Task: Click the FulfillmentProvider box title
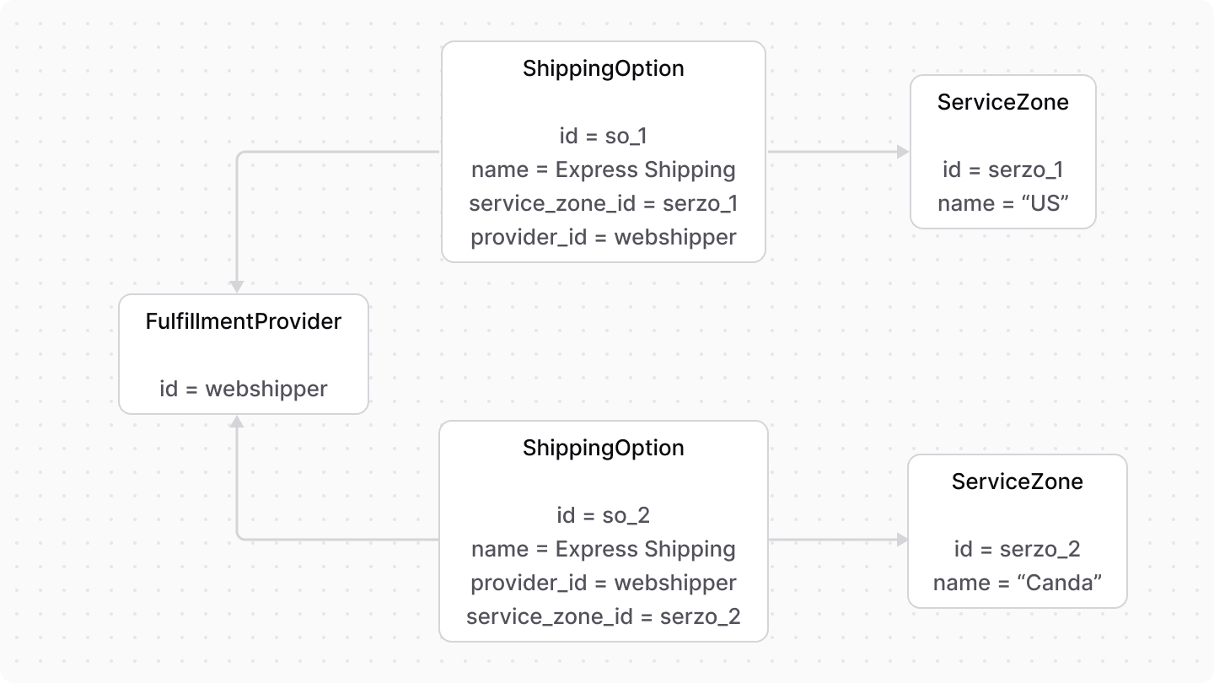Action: click(244, 321)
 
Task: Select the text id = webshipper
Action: click(244, 389)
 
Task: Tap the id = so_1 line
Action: click(603, 136)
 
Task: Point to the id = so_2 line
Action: click(603, 515)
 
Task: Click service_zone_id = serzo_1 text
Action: click(603, 203)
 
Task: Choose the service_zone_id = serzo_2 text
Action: click(603, 616)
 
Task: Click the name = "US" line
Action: click(1002, 203)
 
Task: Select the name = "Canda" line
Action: click(1018, 583)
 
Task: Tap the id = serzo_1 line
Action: click(1002, 169)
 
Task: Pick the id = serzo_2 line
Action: click(1018, 549)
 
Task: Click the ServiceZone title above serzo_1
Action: click(1002, 102)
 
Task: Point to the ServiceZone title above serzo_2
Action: click(1018, 481)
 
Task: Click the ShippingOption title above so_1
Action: click(603, 68)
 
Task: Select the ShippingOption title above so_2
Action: click(603, 448)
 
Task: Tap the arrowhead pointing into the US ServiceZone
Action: click(903, 152)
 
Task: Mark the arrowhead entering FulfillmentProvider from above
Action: click(238, 287)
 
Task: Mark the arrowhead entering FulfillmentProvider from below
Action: click(238, 421)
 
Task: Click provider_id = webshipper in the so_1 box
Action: click(603, 237)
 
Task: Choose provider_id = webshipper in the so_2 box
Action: click(603, 583)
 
